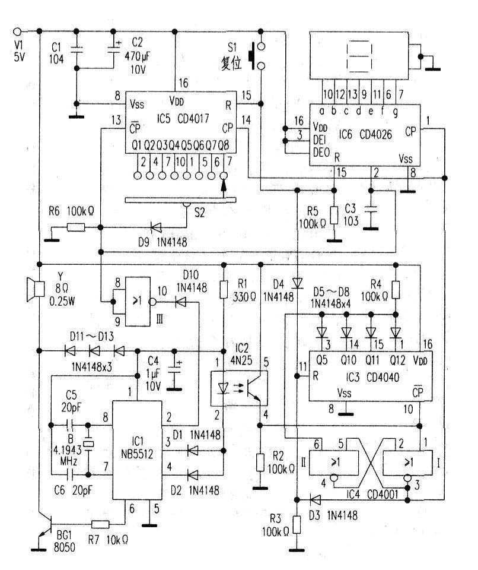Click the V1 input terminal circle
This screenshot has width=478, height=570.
point(17,31)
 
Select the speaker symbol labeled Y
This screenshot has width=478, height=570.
point(35,289)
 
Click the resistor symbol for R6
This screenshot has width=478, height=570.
point(76,228)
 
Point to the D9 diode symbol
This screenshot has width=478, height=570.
point(157,228)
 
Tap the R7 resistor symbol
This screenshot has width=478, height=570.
point(100,524)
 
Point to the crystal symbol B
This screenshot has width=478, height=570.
point(88,444)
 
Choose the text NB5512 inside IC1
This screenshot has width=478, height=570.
point(137,454)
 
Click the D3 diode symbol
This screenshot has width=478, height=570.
point(316,500)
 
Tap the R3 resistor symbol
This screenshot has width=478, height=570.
point(297,524)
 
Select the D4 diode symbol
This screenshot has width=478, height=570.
point(298,283)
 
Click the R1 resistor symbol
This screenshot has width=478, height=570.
point(224,289)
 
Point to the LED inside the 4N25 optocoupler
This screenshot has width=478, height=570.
point(223,388)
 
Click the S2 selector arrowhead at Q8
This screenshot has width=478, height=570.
point(224,186)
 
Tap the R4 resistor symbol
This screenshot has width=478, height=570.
point(396,290)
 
